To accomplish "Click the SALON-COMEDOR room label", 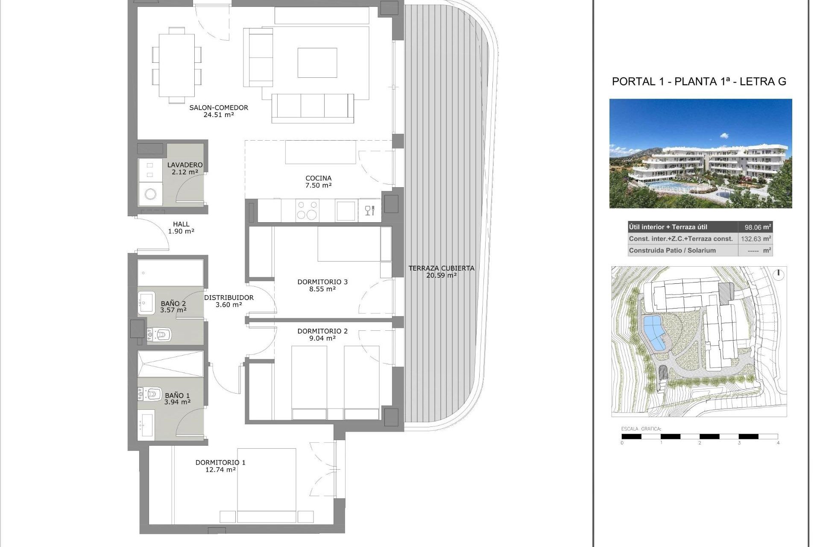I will pyautogui.click(x=219, y=108).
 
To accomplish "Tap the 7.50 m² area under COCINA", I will pyautogui.click(x=319, y=185).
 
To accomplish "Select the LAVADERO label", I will pyautogui.click(x=184, y=165).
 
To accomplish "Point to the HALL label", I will pyautogui.click(x=181, y=224).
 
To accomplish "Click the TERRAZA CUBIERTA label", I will pyautogui.click(x=441, y=268).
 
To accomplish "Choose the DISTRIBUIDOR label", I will pyautogui.click(x=228, y=297).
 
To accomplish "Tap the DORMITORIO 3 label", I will pyautogui.click(x=322, y=282).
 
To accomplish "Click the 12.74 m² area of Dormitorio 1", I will pyautogui.click(x=220, y=470).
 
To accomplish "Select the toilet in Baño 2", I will pyautogui.click(x=160, y=334).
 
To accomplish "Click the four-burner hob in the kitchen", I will pyautogui.click(x=307, y=210).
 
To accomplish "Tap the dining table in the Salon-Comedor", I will pyautogui.click(x=177, y=65).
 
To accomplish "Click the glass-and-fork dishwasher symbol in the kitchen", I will pyautogui.click(x=369, y=210).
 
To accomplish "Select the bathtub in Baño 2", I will pyautogui.click(x=170, y=273).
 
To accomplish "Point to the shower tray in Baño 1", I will pyautogui.click(x=170, y=364).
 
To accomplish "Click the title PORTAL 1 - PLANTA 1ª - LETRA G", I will pyautogui.click(x=699, y=82).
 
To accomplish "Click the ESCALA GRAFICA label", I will pyautogui.click(x=641, y=429).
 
